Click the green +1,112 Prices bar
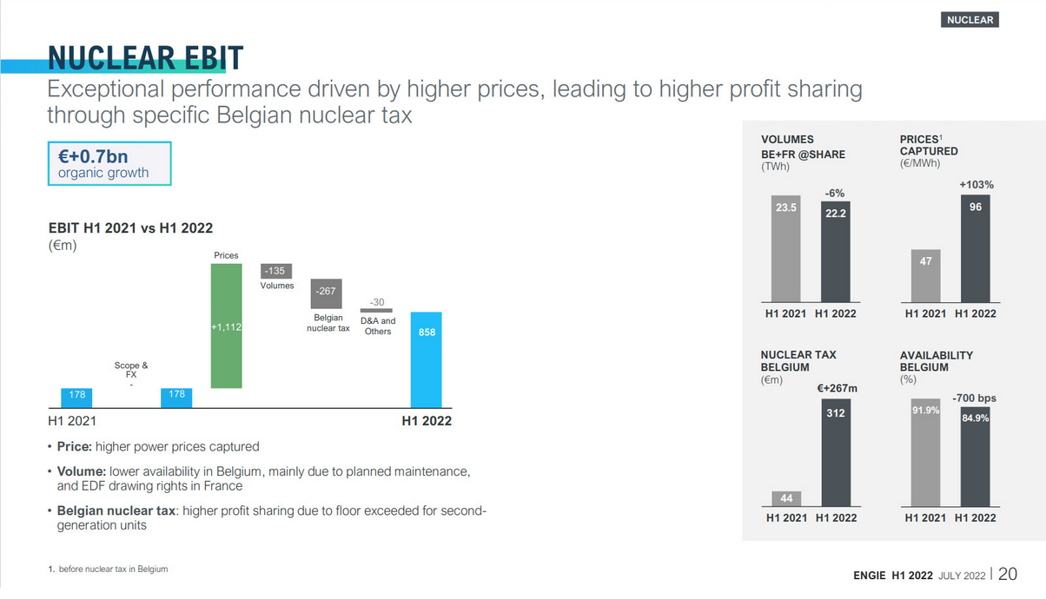click(x=226, y=326)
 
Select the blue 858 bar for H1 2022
click(x=427, y=359)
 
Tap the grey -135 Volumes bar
click(x=277, y=271)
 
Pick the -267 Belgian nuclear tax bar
click(x=327, y=291)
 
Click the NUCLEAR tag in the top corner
click(x=970, y=19)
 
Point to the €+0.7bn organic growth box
click(x=109, y=164)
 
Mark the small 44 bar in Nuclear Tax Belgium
click(x=785, y=497)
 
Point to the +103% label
click(x=976, y=185)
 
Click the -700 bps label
click(x=974, y=398)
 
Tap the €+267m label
click(x=837, y=387)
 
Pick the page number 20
click(x=1009, y=574)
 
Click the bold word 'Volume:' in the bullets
click(x=81, y=471)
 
